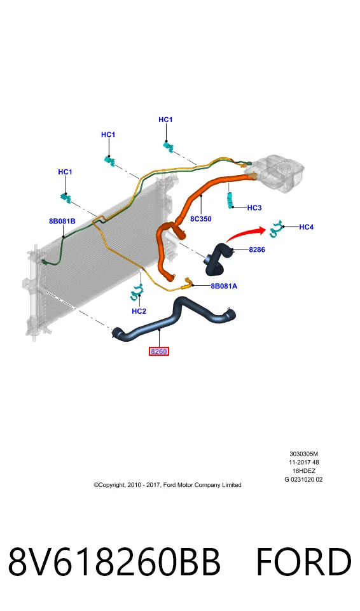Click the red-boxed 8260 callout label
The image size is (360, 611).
158,351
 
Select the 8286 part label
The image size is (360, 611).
257,249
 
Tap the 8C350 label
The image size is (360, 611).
200,219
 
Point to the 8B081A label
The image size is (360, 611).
224,286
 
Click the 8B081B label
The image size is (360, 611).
62,221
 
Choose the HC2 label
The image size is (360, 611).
139,311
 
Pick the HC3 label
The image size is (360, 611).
254,207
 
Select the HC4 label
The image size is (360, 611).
306,227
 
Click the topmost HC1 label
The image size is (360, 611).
165,120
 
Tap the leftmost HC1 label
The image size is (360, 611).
65,172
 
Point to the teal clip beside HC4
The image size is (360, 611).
276,228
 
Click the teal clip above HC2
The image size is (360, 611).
136,292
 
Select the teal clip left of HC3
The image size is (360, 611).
231,200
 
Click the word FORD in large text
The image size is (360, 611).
303,562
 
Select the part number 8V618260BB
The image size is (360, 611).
114,562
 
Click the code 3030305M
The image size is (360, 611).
303,454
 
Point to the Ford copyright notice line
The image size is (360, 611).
167,485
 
